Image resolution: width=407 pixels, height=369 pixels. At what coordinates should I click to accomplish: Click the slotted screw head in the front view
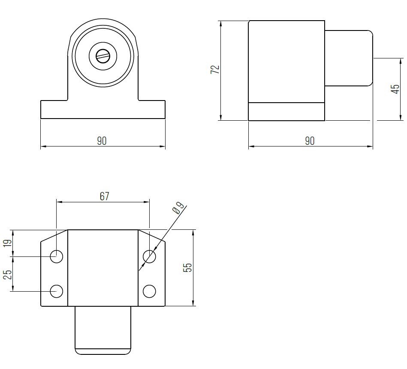(x=103, y=55)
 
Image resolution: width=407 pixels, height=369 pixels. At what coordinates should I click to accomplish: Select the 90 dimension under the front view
(x=102, y=141)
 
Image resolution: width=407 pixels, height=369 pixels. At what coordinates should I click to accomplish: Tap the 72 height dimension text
(x=215, y=70)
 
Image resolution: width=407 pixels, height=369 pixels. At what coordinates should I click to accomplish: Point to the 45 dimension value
(x=395, y=89)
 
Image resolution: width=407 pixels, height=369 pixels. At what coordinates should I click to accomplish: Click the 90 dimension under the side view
(x=310, y=141)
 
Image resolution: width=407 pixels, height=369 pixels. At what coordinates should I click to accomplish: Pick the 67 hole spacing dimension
(x=104, y=196)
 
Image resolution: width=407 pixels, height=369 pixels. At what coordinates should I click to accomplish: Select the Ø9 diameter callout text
(x=178, y=208)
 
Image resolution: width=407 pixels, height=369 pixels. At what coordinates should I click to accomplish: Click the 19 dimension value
(x=7, y=243)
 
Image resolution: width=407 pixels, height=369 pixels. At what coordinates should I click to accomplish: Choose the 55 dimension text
(x=187, y=268)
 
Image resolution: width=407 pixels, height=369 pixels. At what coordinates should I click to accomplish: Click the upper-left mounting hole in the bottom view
(x=56, y=256)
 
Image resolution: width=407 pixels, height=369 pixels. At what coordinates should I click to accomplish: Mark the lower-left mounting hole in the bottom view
(x=56, y=291)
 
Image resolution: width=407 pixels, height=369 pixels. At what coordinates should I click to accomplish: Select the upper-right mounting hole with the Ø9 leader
(x=149, y=256)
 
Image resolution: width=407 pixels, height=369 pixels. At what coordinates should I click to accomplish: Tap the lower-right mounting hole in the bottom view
(x=149, y=291)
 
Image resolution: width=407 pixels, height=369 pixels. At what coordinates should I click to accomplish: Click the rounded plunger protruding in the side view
(x=348, y=58)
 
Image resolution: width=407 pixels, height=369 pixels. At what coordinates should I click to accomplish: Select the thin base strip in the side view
(x=286, y=112)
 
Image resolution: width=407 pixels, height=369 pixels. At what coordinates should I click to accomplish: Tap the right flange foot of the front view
(x=152, y=110)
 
